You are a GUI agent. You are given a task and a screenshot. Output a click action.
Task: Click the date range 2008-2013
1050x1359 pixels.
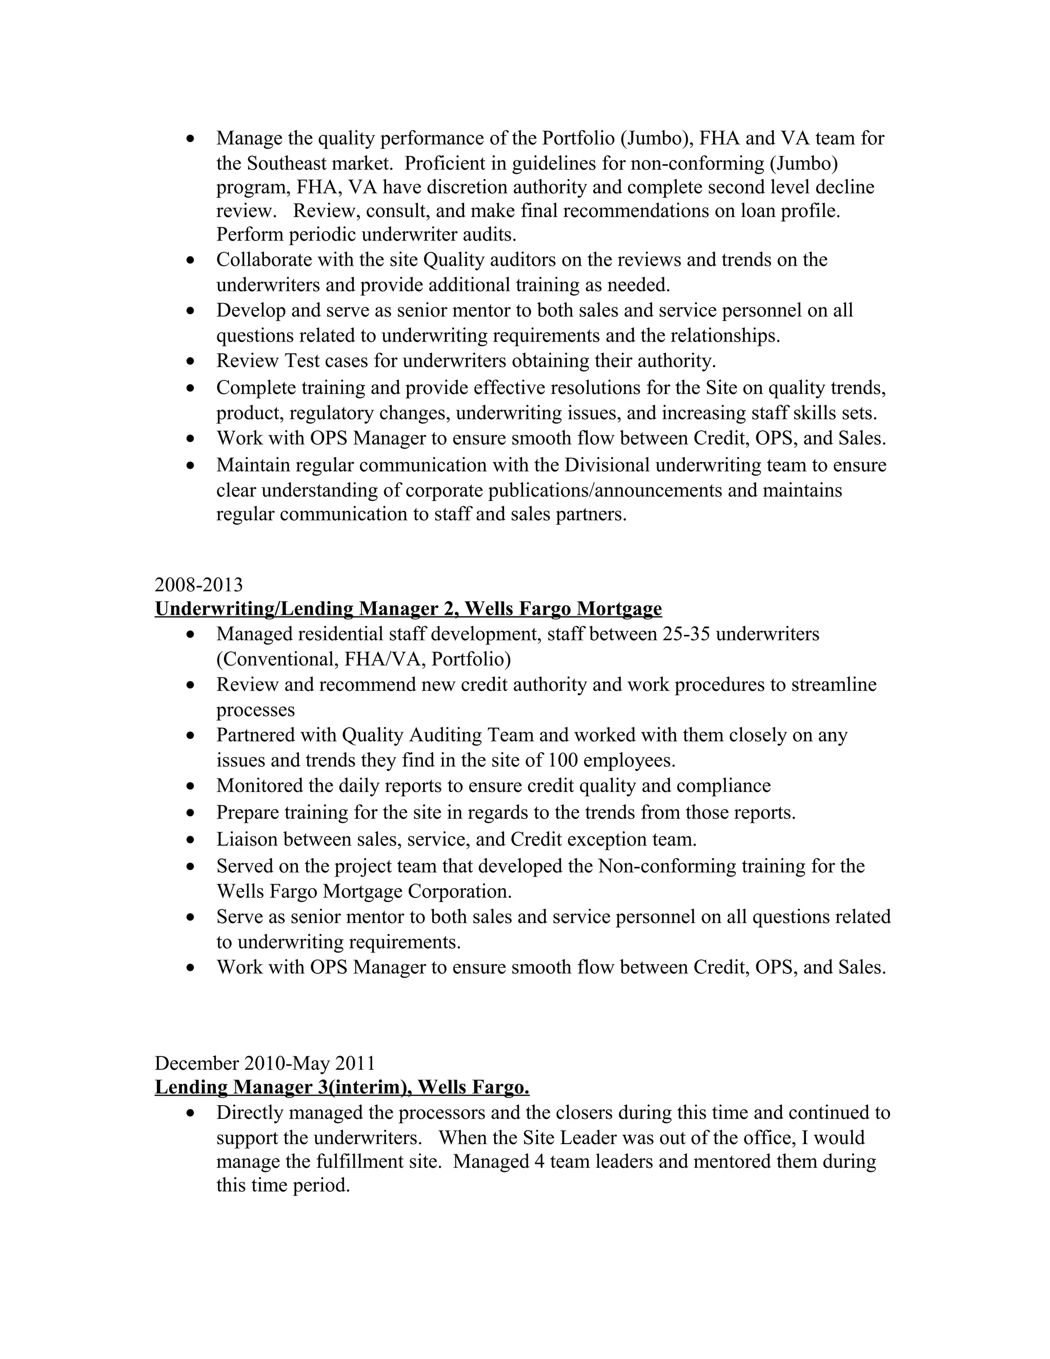pyautogui.click(x=198, y=585)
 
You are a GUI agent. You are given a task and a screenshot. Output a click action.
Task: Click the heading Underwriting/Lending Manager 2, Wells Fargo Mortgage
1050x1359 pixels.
pyautogui.click(x=408, y=609)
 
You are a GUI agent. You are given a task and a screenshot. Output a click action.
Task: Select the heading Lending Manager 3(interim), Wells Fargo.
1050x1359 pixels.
pyautogui.click(x=341, y=1087)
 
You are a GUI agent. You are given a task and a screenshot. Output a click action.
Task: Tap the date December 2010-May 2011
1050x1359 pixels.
pyautogui.click(x=265, y=1063)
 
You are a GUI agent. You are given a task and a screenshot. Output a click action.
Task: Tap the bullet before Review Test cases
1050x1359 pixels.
pyautogui.click(x=191, y=362)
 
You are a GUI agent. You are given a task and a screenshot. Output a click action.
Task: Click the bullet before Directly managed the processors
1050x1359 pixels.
pyautogui.click(x=191, y=1113)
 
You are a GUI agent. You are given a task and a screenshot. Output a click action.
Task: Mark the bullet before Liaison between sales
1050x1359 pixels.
pyautogui.click(x=191, y=840)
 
